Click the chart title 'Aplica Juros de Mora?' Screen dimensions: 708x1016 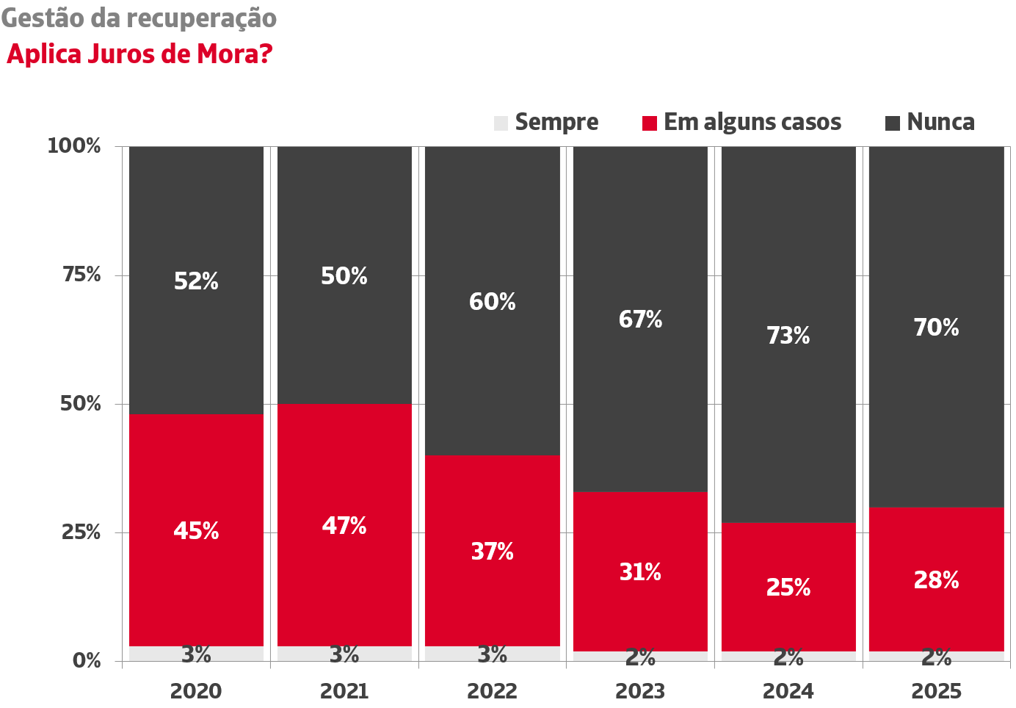click(139, 54)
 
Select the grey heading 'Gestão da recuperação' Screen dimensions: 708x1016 click(139, 18)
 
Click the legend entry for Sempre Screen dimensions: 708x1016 click(547, 122)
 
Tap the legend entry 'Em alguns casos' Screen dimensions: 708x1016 click(742, 122)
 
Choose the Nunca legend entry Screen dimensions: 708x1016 click(931, 122)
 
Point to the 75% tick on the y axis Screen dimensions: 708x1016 click(81, 275)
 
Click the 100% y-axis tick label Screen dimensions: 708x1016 click(74, 145)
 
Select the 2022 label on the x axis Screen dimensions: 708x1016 click(492, 691)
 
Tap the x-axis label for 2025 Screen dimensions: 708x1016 click(936, 691)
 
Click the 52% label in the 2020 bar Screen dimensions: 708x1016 click(196, 281)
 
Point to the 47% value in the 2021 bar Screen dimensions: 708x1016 click(344, 526)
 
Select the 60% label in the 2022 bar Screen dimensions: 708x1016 click(492, 302)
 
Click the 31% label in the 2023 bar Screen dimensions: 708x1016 click(640, 572)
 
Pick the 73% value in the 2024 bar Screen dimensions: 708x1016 click(788, 336)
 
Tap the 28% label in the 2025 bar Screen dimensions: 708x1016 click(936, 581)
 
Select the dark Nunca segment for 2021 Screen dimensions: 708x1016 click(344, 220)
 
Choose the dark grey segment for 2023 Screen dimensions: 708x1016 click(640, 404)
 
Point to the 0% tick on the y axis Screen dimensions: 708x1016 click(87, 660)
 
